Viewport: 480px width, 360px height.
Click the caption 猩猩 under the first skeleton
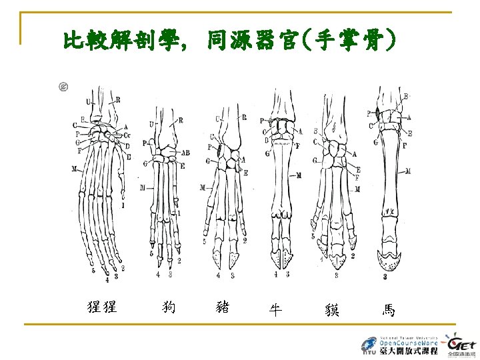(x=102, y=307)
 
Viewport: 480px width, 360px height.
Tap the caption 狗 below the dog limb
(x=169, y=307)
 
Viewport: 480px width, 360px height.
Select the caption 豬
(x=223, y=307)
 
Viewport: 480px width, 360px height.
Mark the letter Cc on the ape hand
(x=127, y=136)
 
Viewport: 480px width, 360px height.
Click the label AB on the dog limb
(x=185, y=153)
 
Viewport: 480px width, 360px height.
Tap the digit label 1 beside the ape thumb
(x=123, y=206)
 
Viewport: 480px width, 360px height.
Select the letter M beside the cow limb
(x=299, y=175)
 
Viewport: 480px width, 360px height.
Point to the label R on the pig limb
(x=244, y=118)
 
